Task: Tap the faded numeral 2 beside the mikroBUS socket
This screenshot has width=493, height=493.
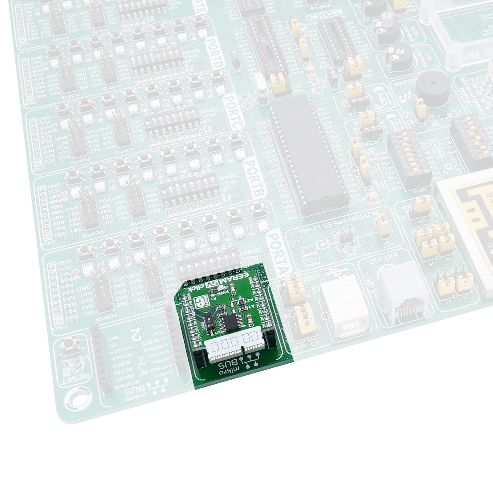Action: (x=135, y=332)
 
